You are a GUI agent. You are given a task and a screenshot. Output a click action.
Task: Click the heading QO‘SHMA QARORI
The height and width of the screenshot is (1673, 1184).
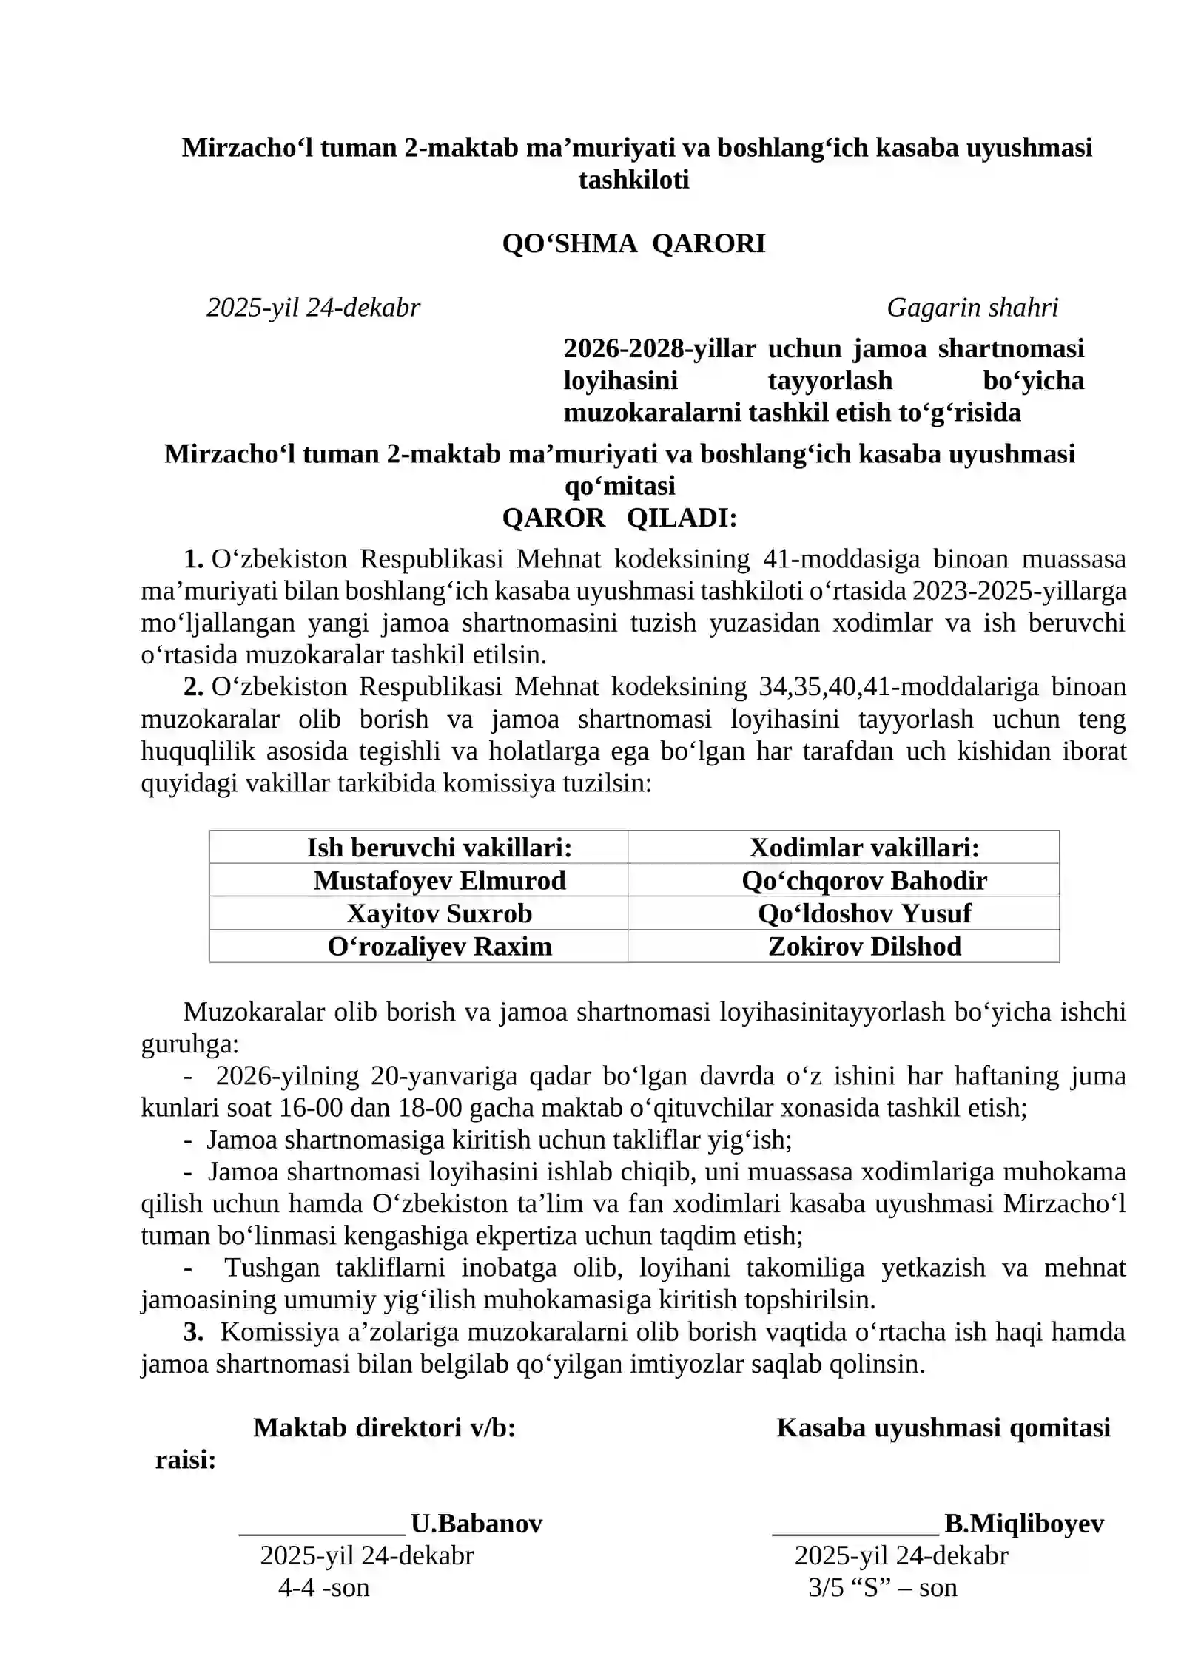(x=633, y=243)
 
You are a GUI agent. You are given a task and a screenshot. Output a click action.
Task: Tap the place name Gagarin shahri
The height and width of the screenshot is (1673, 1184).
(x=972, y=307)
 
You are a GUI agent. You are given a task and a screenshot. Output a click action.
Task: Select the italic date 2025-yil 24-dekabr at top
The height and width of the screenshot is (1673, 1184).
(x=313, y=307)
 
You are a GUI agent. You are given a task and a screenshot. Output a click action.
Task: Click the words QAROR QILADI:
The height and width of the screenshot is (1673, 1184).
(x=619, y=518)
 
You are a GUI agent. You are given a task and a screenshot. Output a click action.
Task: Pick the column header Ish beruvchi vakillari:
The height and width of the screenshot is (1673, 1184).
(x=440, y=848)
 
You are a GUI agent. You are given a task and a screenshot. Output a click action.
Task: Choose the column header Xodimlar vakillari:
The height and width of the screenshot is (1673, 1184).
(x=864, y=848)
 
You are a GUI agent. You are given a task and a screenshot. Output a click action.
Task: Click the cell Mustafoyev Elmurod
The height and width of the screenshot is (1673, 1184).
(x=440, y=880)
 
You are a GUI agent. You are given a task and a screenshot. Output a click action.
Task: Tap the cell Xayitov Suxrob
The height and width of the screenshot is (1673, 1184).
(x=440, y=913)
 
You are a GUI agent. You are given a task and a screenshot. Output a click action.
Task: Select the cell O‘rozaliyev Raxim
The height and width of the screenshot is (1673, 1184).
(x=440, y=946)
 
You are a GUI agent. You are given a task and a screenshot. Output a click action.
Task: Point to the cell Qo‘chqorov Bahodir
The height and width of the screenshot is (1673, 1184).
(x=864, y=880)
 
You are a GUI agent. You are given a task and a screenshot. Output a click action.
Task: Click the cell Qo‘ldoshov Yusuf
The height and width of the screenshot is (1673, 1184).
(x=864, y=913)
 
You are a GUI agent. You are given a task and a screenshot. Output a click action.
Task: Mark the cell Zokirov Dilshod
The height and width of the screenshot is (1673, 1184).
(x=864, y=946)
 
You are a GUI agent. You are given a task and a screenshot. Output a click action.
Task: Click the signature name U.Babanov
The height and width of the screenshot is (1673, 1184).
(x=477, y=1523)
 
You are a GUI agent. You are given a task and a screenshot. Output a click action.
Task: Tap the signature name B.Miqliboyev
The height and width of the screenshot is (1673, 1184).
(x=1024, y=1523)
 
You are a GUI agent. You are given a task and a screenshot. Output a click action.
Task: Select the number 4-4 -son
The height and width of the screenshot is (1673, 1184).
(x=323, y=1587)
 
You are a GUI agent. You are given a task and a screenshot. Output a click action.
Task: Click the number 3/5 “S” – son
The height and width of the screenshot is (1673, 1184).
(x=882, y=1587)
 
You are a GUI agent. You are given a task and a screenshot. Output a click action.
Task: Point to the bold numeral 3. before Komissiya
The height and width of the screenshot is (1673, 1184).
(x=193, y=1331)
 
